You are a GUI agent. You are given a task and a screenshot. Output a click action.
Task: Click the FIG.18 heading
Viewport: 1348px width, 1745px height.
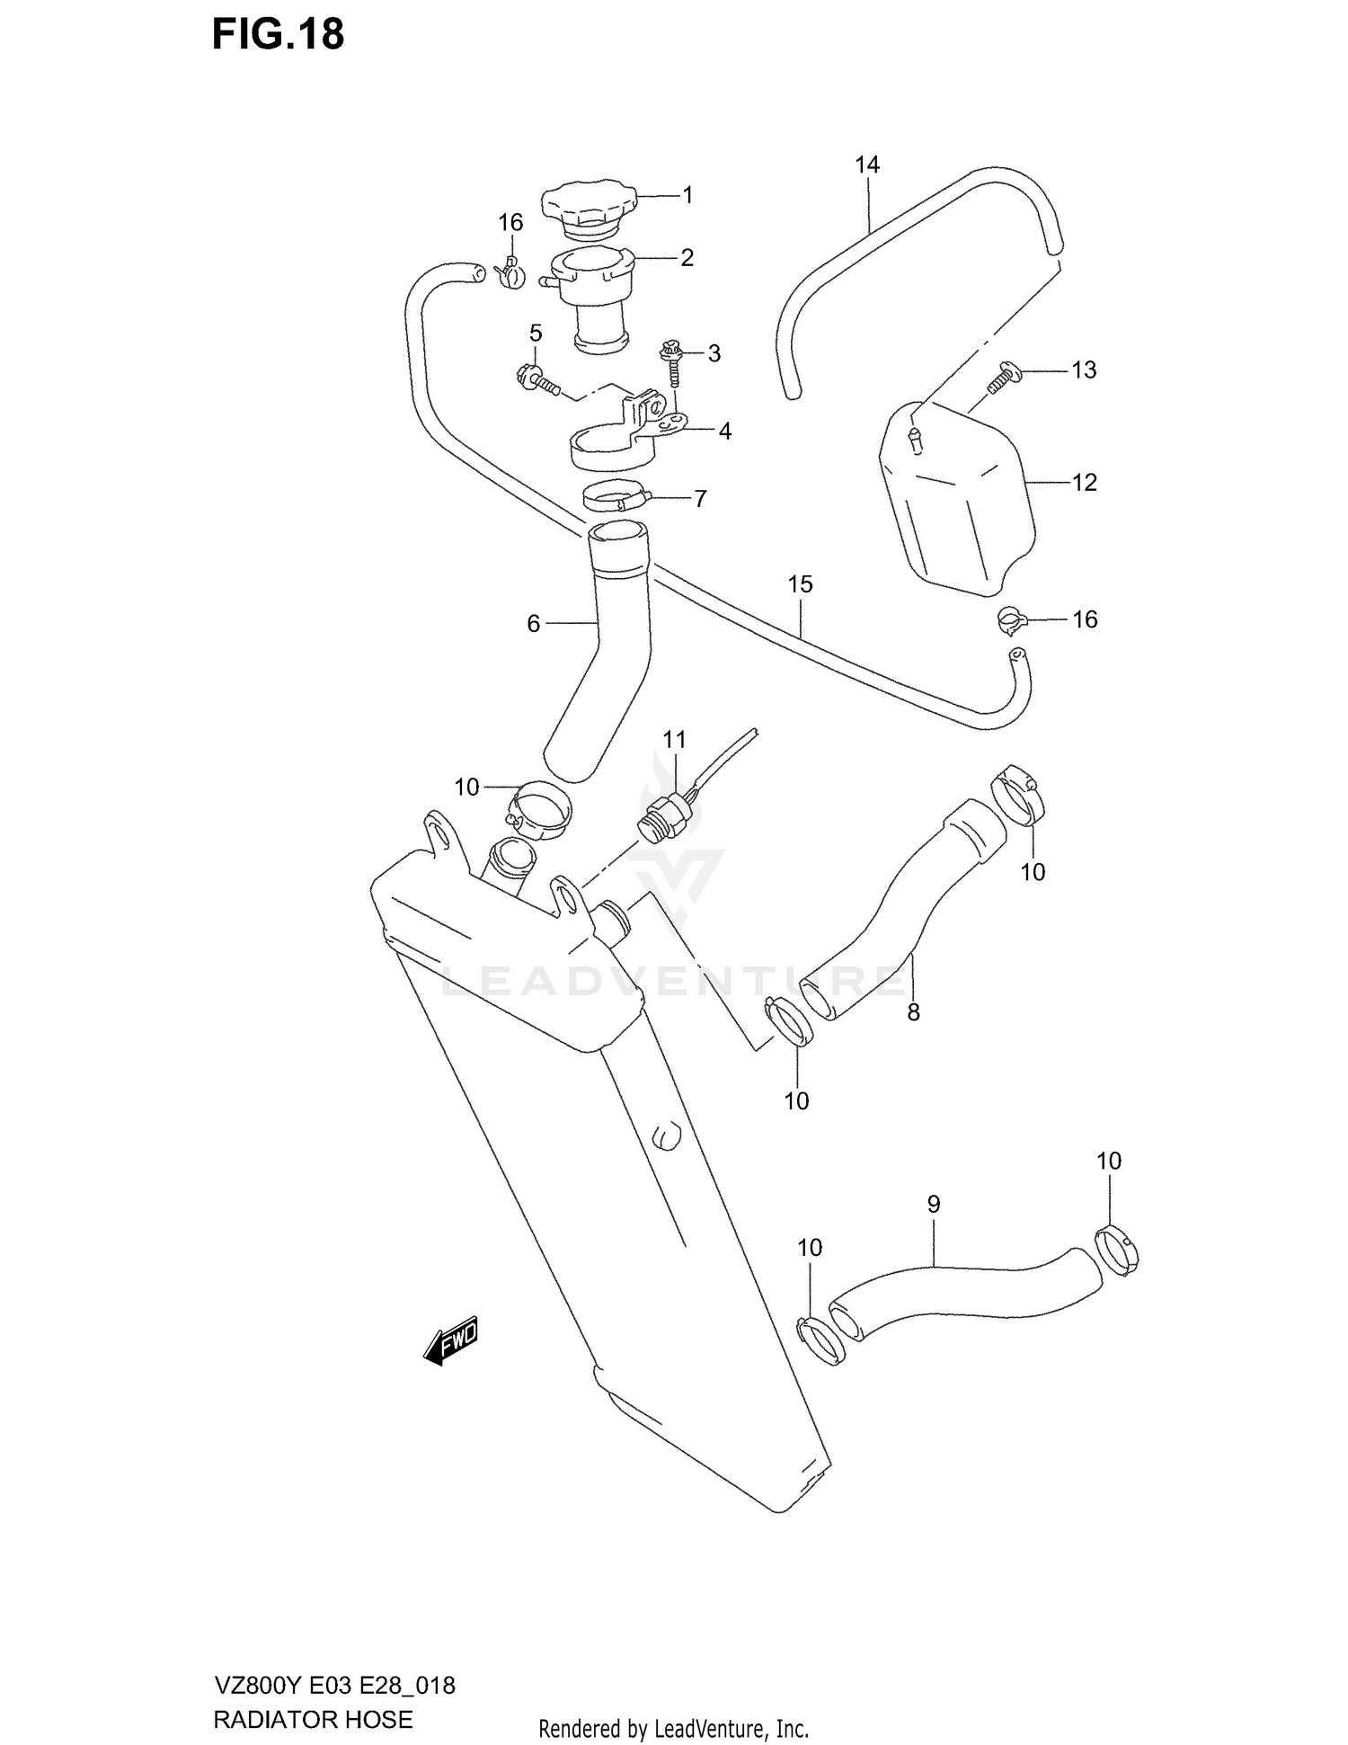278,34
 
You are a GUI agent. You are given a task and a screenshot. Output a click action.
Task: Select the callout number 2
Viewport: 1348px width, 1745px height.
687,258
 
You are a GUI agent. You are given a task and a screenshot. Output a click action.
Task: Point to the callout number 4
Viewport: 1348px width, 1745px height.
724,432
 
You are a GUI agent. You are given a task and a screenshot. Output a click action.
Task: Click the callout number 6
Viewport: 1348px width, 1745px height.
533,623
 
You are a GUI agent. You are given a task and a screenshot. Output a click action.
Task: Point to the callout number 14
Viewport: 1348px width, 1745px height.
867,165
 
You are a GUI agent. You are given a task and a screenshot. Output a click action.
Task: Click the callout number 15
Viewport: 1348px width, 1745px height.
800,584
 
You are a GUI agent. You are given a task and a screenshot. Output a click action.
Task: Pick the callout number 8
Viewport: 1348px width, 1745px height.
913,1012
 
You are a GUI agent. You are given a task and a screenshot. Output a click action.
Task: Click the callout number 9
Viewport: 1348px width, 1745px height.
933,1204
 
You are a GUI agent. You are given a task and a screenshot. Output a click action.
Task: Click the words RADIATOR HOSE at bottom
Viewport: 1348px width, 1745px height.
313,1719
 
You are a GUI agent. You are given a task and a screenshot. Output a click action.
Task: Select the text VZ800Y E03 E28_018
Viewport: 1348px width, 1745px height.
334,1685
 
